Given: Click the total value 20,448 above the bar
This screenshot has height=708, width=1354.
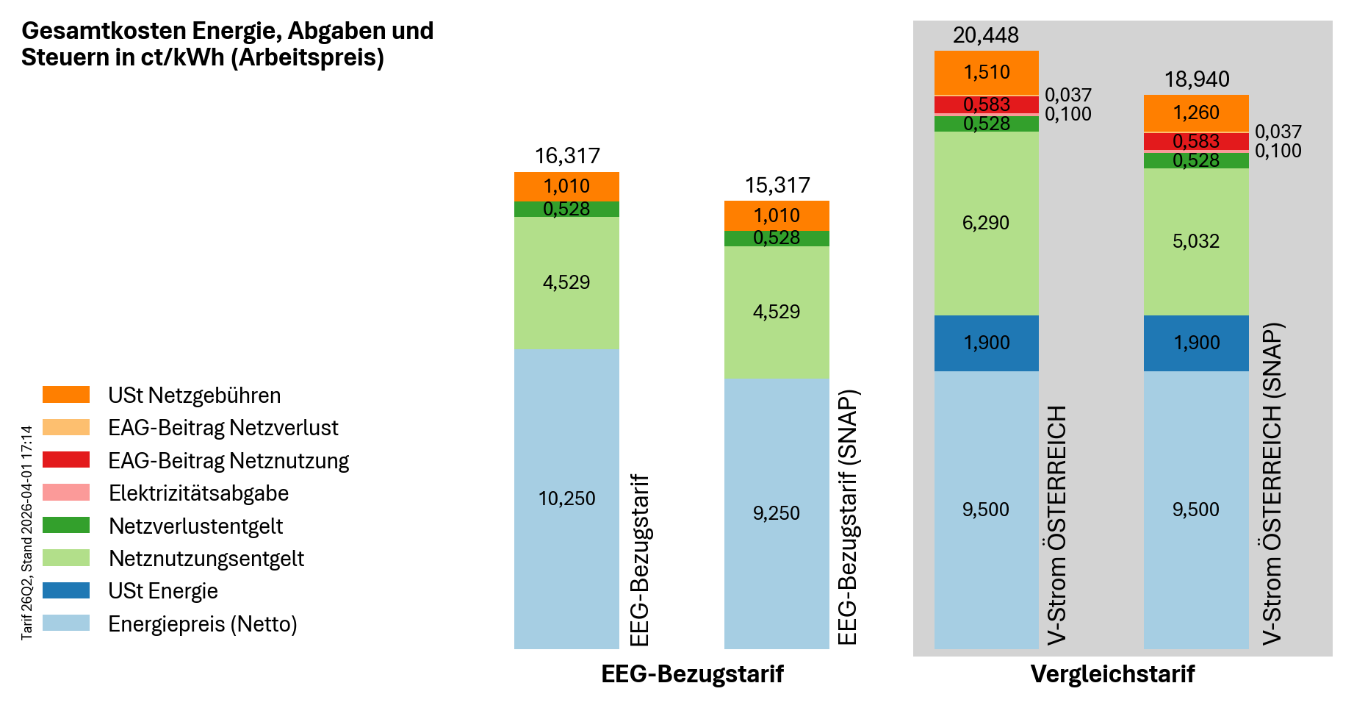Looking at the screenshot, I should [x=985, y=35].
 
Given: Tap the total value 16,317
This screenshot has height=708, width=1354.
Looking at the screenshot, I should [x=566, y=156].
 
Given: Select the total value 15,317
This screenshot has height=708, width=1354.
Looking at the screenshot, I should [x=777, y=185].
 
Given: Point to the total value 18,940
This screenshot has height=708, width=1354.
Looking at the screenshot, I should [x=1196, y=79].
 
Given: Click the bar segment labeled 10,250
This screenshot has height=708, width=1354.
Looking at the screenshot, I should [x=566, y=498].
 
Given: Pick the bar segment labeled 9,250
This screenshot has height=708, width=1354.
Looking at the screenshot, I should [x=777, y=513].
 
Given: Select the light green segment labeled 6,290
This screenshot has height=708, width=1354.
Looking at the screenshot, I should [x=986, y=223].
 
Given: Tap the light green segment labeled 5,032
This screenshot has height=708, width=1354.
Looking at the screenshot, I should [x=1196, y=241].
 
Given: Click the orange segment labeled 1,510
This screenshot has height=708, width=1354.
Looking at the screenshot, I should [x=986, y=72].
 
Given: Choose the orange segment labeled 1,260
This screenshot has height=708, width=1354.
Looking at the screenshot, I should [x=1196, y=112].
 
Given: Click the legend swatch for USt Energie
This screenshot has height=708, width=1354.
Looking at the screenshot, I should [x=66, y=590].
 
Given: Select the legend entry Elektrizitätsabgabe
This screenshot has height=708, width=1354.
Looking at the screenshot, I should [x=198, y=493].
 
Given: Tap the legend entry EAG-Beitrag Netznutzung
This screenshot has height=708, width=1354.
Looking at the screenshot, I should [x=228, y=461].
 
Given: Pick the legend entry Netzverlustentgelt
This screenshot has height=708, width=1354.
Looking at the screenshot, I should [x=195, y=526].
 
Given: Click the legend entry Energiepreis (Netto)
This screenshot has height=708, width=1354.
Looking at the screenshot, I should [x=202, y=624].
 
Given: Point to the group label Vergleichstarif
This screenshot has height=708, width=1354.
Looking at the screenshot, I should [x=1112, y=674].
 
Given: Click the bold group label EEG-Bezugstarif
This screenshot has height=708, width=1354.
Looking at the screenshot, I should [x=692, y=674].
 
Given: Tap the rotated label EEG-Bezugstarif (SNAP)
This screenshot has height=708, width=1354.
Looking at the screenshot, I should [x=848, y=518].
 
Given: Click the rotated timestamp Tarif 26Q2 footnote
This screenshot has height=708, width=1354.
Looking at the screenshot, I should [x=27, y=532].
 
